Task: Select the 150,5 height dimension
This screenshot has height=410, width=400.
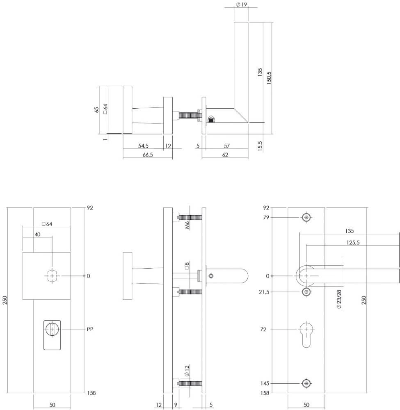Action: coord(269,76)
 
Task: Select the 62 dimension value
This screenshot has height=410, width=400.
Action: coord(225,155)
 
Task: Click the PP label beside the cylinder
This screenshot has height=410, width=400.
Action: coord(90,329)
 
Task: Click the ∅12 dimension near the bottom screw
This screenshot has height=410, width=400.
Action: coord(186,371)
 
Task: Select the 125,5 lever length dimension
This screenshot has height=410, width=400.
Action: coord(352,243)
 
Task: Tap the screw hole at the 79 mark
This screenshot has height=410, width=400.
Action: coord(306,217)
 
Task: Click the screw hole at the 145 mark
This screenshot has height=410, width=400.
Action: coord(306,383)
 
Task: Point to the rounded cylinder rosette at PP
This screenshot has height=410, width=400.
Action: coord(52,335)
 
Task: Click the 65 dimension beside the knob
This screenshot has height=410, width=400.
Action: coord(96,110)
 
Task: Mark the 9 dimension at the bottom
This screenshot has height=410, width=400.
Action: coord(176,405)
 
